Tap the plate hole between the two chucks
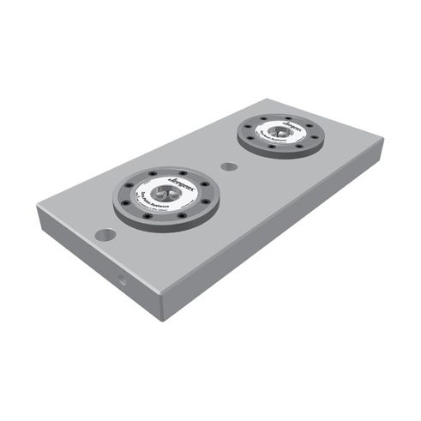coord(228,165)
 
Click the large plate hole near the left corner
coord(105,234)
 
